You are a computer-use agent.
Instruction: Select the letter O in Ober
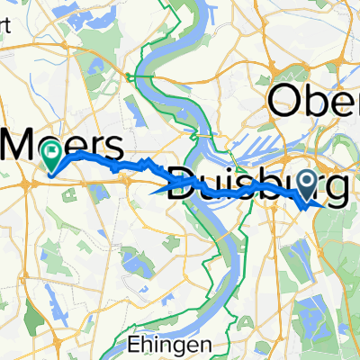287,101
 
